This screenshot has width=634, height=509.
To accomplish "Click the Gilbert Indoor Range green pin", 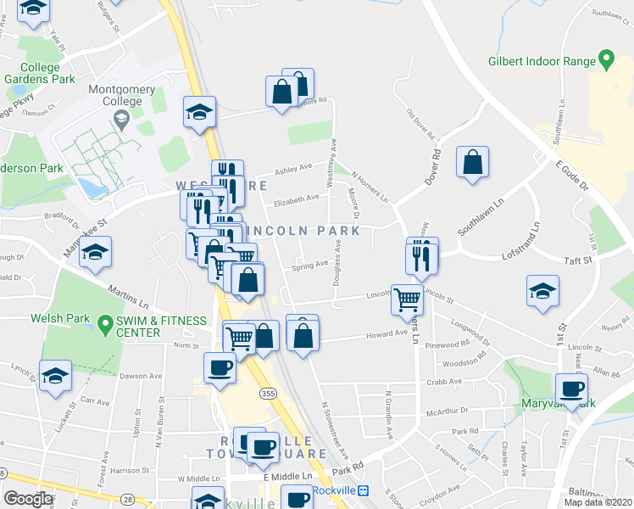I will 606,60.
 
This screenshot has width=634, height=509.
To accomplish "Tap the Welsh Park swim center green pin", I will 105,322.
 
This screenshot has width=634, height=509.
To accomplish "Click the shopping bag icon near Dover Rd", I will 473,162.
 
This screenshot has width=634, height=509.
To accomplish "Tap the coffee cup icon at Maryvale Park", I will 571,389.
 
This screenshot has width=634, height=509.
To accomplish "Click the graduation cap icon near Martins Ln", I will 96,253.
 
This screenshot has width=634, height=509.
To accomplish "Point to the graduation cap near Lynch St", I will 54,375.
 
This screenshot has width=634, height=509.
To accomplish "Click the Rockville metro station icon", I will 363,490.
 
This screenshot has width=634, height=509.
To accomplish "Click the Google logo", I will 29,499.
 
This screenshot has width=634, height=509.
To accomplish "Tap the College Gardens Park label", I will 40,73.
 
